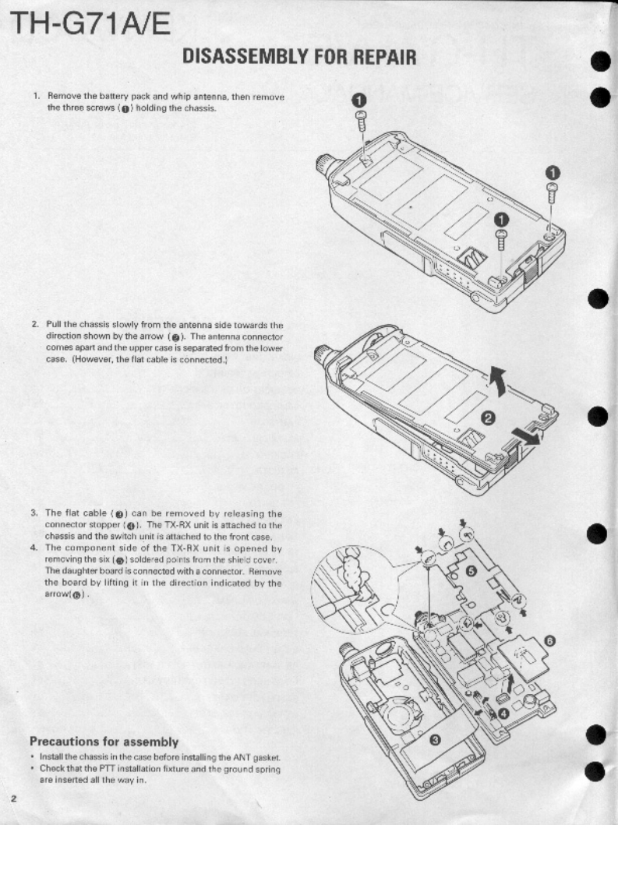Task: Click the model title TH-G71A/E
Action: pyautogui.click(x=90, y=28)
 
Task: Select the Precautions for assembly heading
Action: pyautogui.click(x=104, y=741)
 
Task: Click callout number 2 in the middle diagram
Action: pyautogui.click(x=489, y=418)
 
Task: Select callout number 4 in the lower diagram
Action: pyautogui.click(x=503, y=713)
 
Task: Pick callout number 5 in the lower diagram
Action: pyautogui.click(x=470, y=570)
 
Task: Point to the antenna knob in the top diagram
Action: pyautogui.click(x=323, y=164)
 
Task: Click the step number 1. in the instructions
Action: pyautogui.click(x=36, y=97)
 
